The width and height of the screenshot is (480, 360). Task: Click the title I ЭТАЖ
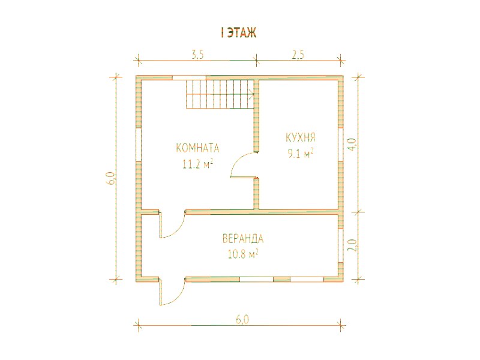(x=238, y=33)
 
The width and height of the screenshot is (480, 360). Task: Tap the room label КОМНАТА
(x=198, y=148)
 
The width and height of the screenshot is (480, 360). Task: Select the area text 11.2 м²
(x=198, y=164)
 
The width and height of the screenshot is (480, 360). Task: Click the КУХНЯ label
(x=301, y=137)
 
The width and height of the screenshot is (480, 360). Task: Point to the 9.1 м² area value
(x=301, y=154)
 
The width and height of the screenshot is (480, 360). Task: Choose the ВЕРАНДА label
(x=243, y=238)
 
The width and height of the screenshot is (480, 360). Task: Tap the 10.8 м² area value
(x=243, y=254)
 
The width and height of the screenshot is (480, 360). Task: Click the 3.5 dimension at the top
(x=197, y=55)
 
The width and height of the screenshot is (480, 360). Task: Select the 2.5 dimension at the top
(x=298, y=55)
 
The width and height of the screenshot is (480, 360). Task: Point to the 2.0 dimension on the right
(x=352, y=245)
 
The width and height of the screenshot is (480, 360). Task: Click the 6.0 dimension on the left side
(x=110, y=178)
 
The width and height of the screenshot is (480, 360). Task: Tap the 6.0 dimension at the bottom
(x=242, y=320)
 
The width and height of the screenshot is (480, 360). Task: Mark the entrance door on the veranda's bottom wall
(x=172, y=292)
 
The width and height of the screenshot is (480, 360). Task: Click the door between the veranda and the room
(x=172, y=224)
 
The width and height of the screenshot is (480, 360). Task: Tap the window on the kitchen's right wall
(x=340, y=144)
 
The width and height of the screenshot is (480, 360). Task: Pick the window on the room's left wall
(x=139, y=144)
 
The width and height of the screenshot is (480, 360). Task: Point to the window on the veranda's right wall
(x=340, y=245)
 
